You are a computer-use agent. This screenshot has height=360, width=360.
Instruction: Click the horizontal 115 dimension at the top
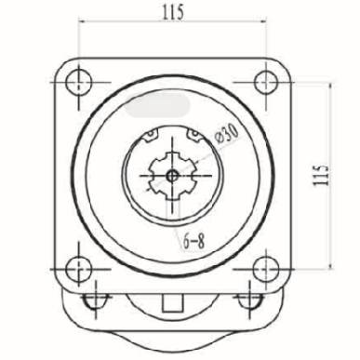click(173, 12)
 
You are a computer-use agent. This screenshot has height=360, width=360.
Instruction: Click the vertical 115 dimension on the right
click(321, 176)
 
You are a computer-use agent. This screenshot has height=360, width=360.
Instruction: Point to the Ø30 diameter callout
click(227, 134)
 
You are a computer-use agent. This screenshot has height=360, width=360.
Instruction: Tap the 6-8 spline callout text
click(194, 241)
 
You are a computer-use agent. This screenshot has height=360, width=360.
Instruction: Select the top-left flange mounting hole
click(79, 82)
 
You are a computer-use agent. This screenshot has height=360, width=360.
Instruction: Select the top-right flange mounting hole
click(266, 82)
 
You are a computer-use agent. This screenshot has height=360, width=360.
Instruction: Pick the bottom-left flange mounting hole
click(79, 269)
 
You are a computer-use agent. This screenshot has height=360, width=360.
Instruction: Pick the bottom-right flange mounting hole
click(266, 269)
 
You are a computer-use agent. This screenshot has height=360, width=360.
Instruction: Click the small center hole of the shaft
click(171, 176)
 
